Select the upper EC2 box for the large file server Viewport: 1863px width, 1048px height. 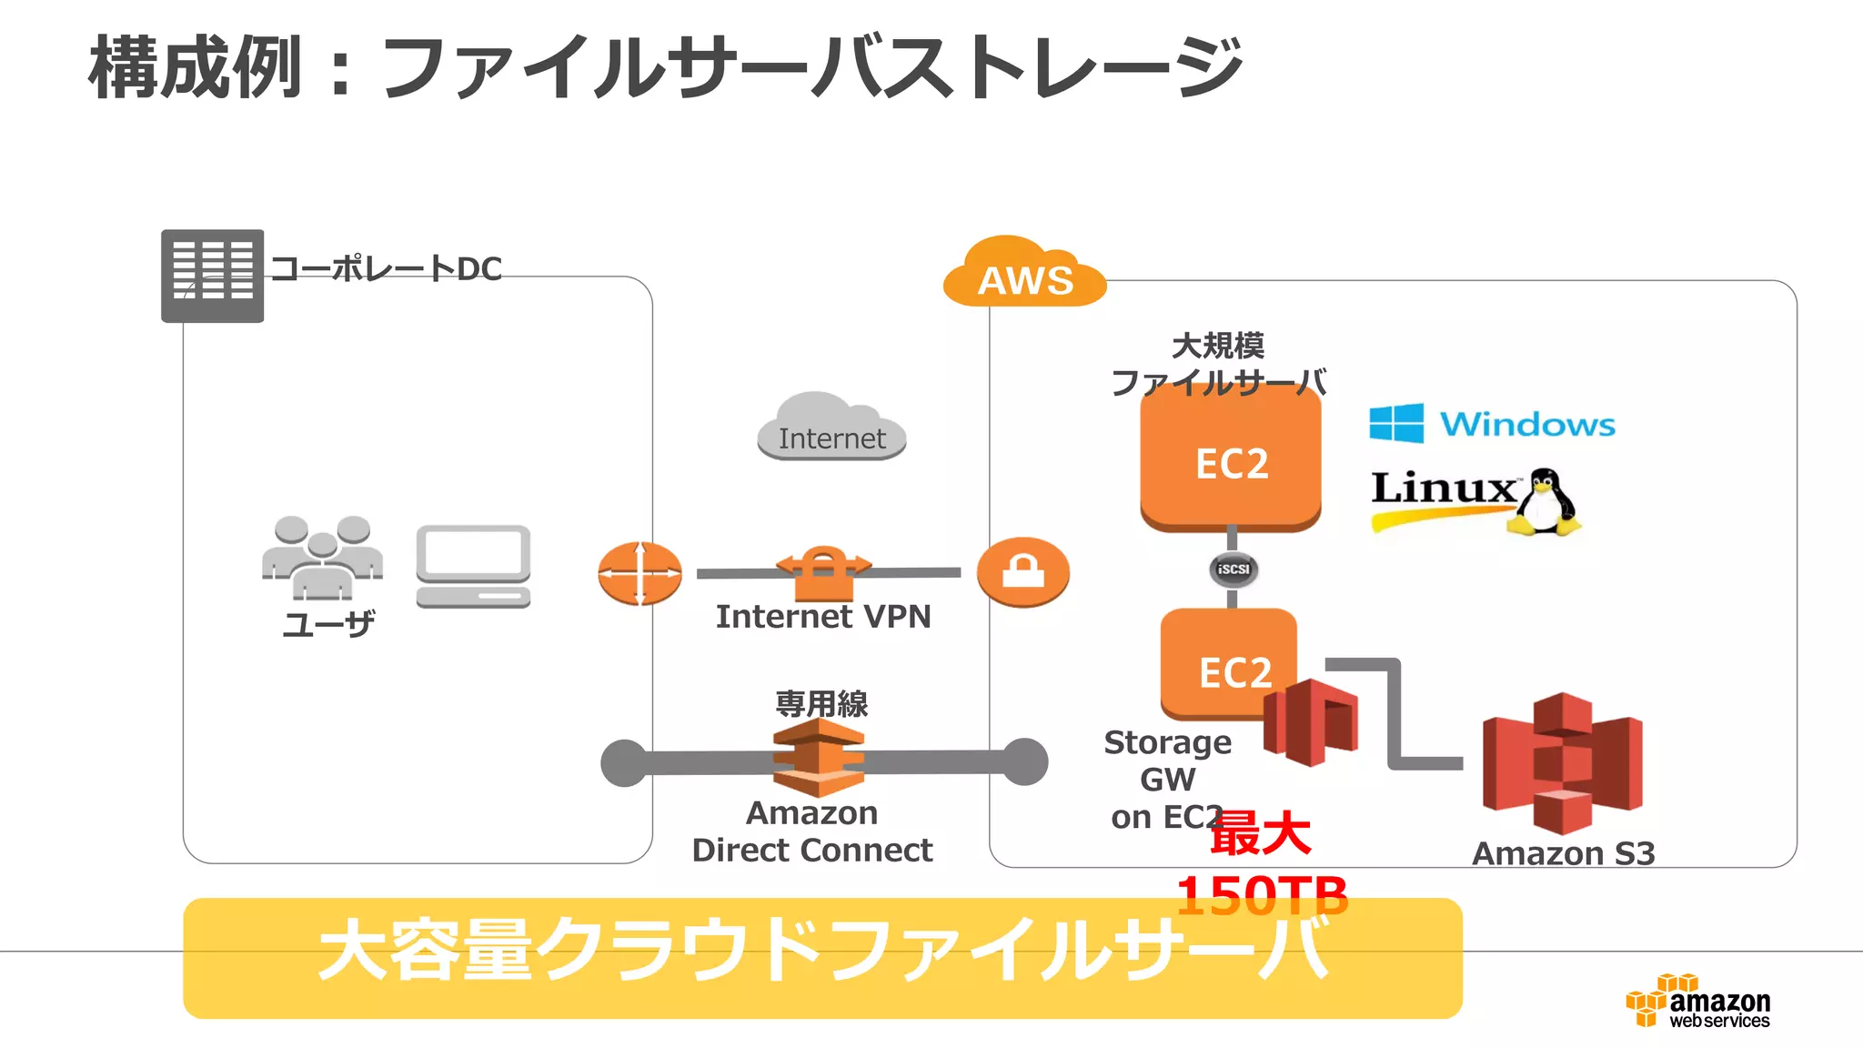(1231, 459)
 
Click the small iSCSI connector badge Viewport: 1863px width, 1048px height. (1233, 569)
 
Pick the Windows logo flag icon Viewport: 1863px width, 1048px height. (1396, 423)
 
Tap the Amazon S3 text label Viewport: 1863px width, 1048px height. (1563, 853)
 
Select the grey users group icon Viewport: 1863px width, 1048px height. (322, 557)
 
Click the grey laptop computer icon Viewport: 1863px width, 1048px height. (473, 566)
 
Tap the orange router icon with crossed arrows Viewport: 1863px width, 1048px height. (639, 573)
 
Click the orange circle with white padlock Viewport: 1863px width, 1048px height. (1023, 572)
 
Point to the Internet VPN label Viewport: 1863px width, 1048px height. (823, 617)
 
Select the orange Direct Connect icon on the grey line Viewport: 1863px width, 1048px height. (819, 758)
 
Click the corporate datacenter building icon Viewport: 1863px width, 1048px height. (213, 276)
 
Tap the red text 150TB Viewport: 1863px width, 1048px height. (1262, 895)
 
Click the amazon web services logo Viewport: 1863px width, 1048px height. (1698, 1002)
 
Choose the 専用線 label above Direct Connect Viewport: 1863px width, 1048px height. (821, 703)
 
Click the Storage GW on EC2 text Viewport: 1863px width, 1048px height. (1167, 780)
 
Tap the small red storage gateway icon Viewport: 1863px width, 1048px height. (1310, 721)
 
